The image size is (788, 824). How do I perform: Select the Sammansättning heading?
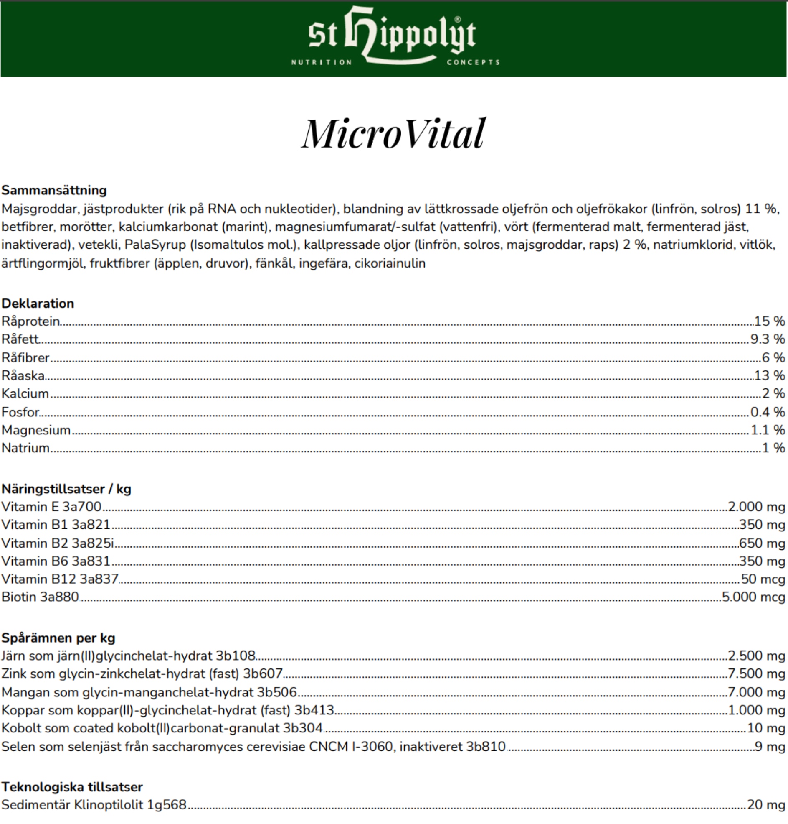(54, 191)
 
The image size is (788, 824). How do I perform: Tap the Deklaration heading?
(38, 304)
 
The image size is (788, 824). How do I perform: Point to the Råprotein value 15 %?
(769, 321)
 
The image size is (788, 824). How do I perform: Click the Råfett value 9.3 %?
(768, 339)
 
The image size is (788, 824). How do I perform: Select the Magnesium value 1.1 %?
(768, 430)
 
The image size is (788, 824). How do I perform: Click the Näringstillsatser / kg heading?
(66, 489)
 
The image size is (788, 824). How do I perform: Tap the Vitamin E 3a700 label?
(51, 507)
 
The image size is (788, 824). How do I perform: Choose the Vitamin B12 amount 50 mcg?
(763, 579)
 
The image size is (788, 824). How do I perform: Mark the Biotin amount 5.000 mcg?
(753, 597)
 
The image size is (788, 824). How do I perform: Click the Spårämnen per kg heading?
(58, 638)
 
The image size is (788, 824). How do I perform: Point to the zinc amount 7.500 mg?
(756, 674)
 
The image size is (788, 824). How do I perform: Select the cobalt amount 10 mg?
(766, 728)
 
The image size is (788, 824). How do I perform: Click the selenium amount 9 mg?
(770, 747)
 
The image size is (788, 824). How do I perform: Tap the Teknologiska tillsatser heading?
(72, 787)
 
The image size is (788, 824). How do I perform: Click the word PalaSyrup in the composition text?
(155, 245)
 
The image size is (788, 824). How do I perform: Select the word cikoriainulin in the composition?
(390, 264)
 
